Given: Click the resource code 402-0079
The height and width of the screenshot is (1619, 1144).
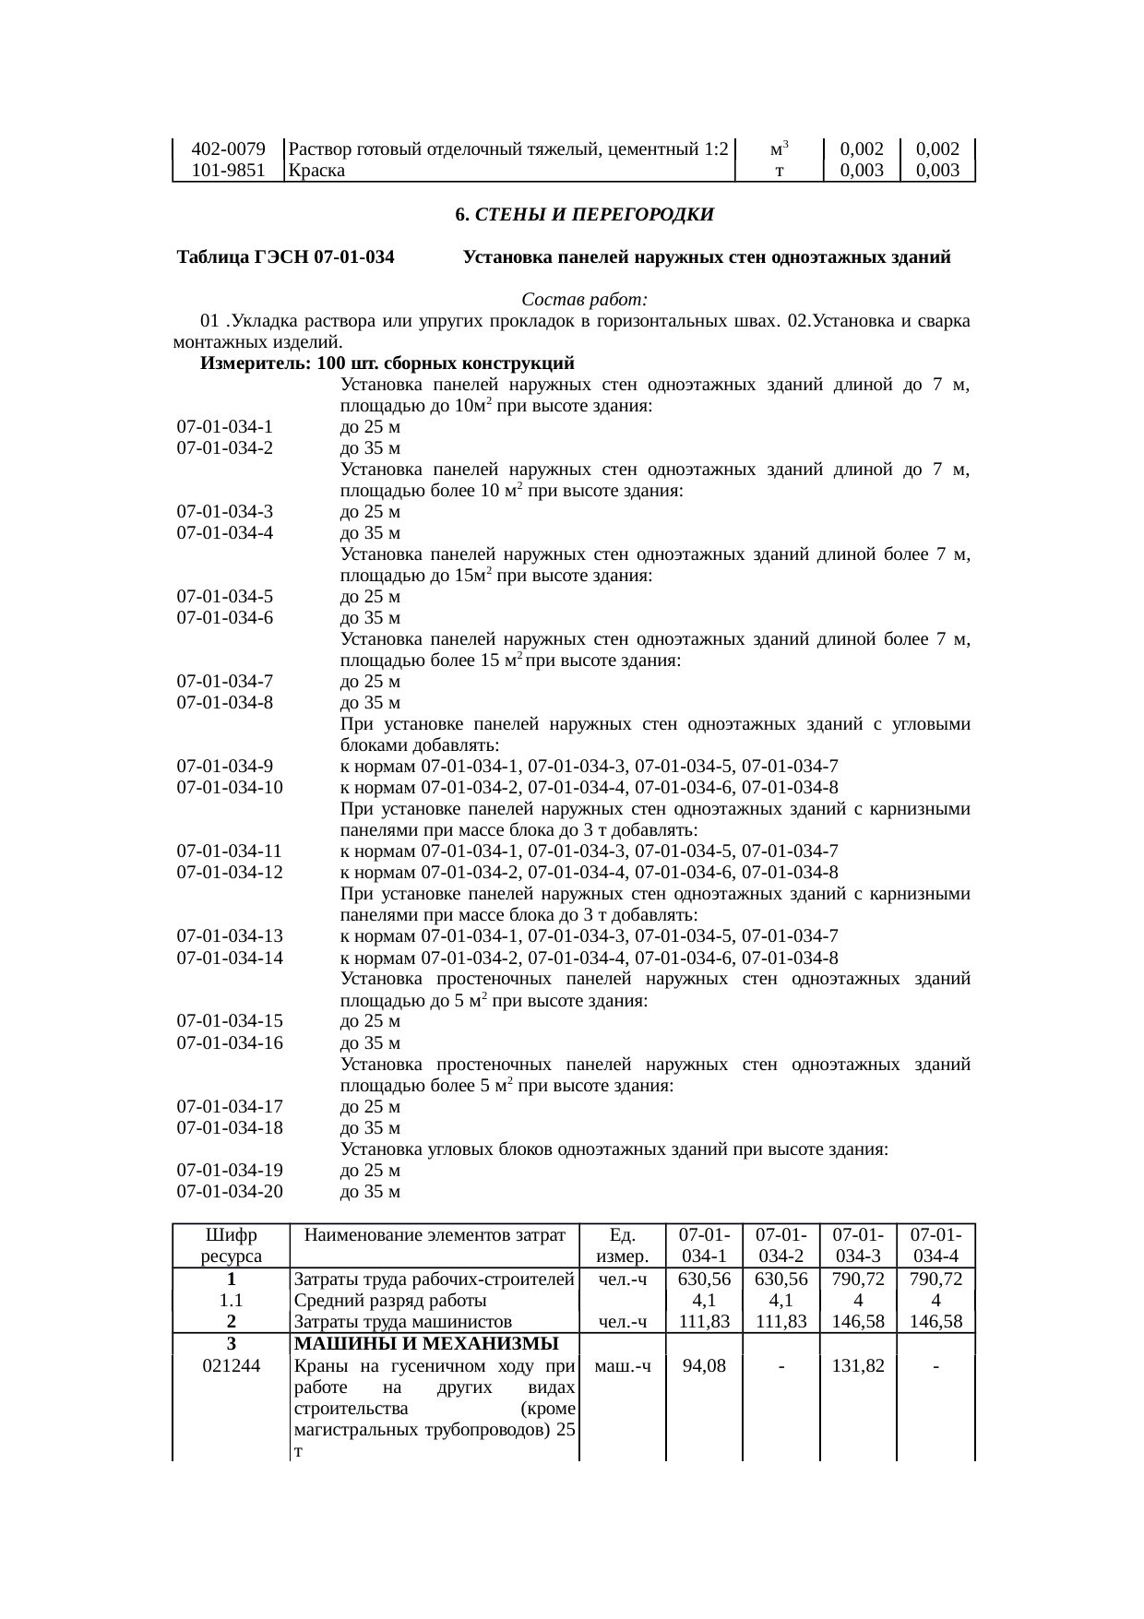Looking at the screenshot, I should point(229,149).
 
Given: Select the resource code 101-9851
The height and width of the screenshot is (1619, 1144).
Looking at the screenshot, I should point(229,170).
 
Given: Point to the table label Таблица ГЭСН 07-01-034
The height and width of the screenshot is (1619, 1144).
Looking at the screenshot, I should point(286,257).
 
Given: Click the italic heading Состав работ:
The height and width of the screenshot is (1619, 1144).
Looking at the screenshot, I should point(584,300).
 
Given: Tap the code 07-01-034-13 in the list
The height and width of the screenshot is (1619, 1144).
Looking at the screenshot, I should point(230,936).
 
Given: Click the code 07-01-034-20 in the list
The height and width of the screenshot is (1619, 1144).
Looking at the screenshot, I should point(230,1191).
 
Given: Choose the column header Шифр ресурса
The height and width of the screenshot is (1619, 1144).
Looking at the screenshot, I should point(231,1244).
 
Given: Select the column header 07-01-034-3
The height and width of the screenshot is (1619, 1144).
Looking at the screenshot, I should point(858,1244).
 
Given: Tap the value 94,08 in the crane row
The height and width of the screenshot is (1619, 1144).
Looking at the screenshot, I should point(704,1366).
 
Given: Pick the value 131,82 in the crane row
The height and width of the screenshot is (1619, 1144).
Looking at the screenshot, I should point(858,1366).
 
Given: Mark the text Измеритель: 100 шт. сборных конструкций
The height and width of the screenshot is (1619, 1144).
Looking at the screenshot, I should point(387,363).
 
